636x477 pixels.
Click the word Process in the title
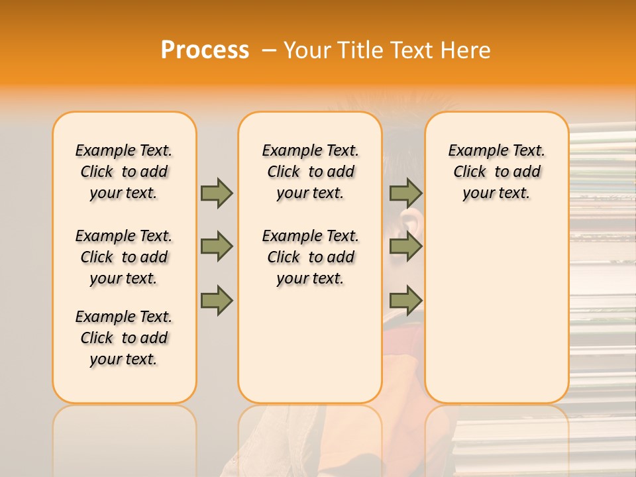click(205, 50)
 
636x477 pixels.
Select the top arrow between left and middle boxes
click(217, 193)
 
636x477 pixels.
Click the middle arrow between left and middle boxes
click(217, 246)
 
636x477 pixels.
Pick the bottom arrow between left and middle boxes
click(217, 300)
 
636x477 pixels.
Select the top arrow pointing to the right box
click(405, 193)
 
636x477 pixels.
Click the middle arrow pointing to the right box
click(405, 246)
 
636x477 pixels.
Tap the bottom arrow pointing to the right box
click(405, 300)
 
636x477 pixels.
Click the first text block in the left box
click(124, 172)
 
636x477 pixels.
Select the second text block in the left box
click(124, 257)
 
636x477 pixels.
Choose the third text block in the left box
click(124, 338)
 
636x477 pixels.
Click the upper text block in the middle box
click(310, 172)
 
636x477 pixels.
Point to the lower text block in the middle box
click(310, 257)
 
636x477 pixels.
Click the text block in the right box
click(496, 172)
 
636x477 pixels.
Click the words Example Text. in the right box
click(496, 150)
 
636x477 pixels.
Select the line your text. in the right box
click(496, 193)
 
